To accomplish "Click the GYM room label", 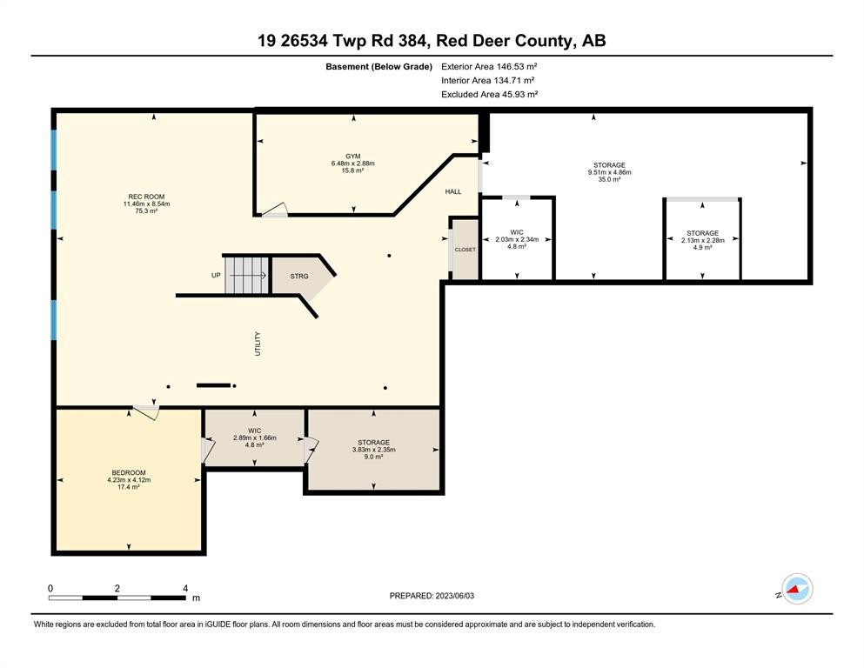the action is [x=352, y=156].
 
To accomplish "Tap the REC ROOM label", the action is [x=146, y=197].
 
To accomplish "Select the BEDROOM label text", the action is [x=129, y=472].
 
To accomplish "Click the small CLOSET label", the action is [x=465, y=250].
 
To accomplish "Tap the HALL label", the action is [x=453, y=191].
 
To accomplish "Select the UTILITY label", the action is [x=258, y=344].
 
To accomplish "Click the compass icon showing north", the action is [x=797, y=589].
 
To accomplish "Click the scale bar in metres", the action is [x=117, y=598].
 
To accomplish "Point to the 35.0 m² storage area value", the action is [x=609, y=179].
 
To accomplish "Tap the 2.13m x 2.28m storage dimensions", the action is [x=702, y=241].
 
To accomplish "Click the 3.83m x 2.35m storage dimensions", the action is [x=373, y=450].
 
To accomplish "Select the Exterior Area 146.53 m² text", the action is [x=489, y=67].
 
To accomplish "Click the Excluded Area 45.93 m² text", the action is [x=489, y=94].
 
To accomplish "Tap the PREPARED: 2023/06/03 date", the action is [x=432, y=596].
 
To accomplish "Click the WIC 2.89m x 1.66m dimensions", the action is [x=255, y=438].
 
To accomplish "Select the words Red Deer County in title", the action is [x=504, y=41].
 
